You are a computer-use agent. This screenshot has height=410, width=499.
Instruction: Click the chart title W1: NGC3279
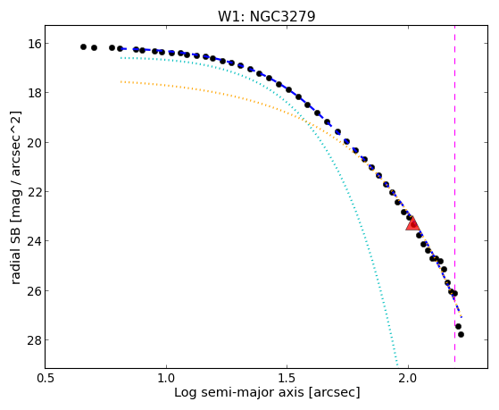(266, 16)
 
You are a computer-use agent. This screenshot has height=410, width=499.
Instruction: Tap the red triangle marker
(412, 223)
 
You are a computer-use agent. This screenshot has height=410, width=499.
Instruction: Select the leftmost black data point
(83, 46)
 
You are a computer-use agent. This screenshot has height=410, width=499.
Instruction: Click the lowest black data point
(461, 334)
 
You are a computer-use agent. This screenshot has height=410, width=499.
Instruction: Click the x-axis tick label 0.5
(46, 378)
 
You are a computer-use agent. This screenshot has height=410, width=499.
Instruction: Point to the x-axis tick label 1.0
(166, 378)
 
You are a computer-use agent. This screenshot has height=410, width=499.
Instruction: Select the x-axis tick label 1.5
(287, 378)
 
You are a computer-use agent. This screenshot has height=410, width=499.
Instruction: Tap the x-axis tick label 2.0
(408, 378)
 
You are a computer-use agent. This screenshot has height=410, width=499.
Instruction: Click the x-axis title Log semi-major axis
(238, 392)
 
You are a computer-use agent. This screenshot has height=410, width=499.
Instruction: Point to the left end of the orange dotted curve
(121, 82)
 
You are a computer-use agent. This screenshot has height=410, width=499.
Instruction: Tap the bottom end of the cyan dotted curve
(397, 365)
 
